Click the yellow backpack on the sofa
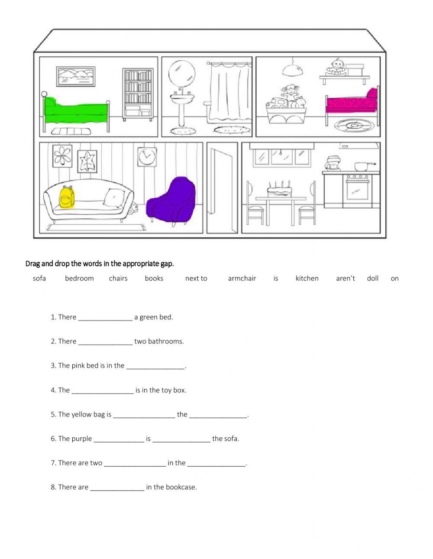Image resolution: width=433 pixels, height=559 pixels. coord(67,197)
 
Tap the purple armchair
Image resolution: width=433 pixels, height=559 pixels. coord(171,200)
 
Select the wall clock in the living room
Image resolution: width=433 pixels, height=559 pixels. coord(147,157)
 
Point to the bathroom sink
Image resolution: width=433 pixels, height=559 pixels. coord(182,98)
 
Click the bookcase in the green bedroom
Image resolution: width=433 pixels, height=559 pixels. coord(138,94)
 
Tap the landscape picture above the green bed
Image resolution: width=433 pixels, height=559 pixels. coord(76,76)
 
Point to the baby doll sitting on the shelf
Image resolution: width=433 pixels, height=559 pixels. coord(336,68)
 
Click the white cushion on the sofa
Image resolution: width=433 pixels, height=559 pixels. coord(114,198)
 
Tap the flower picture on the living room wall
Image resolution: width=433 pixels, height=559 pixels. coord(62,156)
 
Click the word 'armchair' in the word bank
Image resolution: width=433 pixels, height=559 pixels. coord(242,278)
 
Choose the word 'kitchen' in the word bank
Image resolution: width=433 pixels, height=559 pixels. coord(307,278)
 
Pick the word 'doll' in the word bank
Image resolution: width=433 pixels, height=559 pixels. coord(372,278)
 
